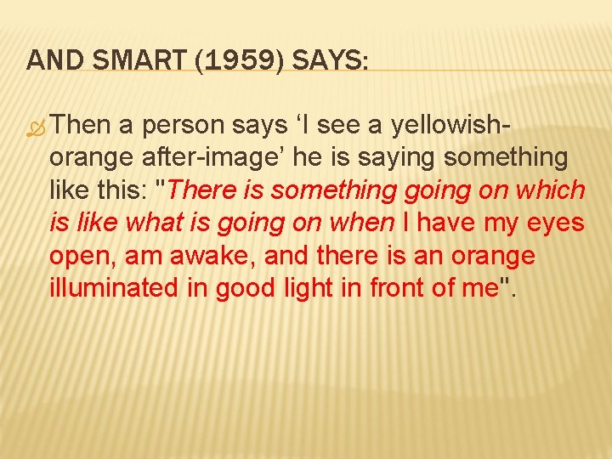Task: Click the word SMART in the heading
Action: pos(116,60)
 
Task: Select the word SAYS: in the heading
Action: pos(326,60)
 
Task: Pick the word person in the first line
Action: pos(185,126)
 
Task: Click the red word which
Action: pos(552,190)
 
